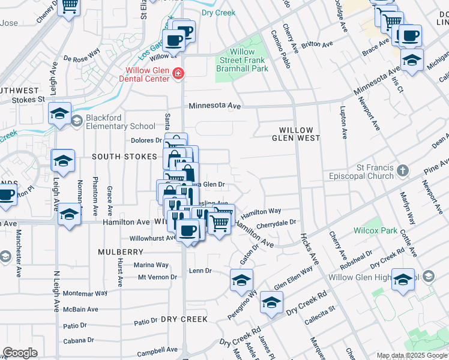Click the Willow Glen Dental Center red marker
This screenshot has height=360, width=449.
[x=178, y=73]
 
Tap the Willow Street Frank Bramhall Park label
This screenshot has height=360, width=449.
[x=242, y=60]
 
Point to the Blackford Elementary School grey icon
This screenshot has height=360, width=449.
[x=76, y=121]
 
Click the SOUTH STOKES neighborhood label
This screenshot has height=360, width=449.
[x=116, y=157]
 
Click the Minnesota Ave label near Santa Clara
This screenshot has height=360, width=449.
[x=215, y=106]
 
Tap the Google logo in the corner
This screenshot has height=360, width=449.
[x=20, y=353]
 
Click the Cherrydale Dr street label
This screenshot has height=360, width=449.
[x=277, y=223]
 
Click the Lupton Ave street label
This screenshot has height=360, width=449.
[x=343, y=120]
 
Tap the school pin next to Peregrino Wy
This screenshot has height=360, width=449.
[x=241, y=280]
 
